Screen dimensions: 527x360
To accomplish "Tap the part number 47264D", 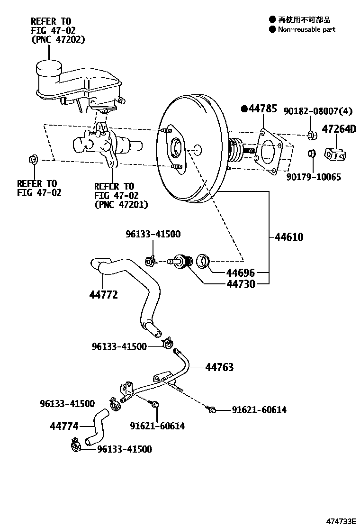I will point(339,129).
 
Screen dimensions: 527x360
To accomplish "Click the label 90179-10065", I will point(314,177).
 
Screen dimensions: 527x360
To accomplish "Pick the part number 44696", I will point(240,273).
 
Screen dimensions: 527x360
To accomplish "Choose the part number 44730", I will point(240,284).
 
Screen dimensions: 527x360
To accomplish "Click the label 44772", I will point(103,295).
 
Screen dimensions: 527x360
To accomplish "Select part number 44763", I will point(219,367).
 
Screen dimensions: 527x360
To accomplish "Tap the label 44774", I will point(64,426).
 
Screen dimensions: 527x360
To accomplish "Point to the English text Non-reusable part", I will point(306,29).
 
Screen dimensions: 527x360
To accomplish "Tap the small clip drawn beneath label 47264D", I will point(335,154).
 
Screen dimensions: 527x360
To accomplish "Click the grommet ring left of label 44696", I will point(204,260).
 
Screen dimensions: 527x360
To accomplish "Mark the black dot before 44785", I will point(244,109).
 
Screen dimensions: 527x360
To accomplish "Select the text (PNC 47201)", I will point(121,204).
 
